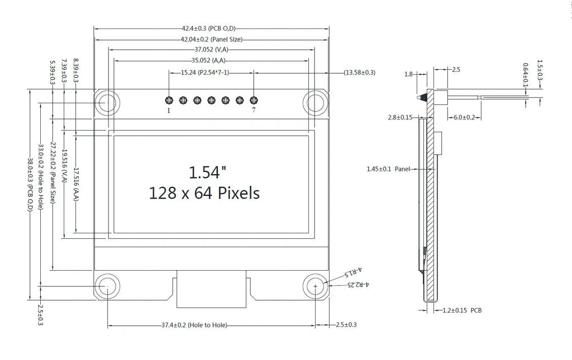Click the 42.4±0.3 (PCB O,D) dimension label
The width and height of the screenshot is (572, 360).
209,28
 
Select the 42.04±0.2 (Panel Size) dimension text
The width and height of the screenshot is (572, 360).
212,40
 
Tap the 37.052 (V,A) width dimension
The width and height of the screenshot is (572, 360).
212,50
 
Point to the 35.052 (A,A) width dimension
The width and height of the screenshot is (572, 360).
209,60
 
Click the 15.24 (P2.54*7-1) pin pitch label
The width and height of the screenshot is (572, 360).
205,73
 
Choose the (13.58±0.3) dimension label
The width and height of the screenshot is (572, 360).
359,73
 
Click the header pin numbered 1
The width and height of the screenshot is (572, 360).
169,100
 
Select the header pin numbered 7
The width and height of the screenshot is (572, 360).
254,100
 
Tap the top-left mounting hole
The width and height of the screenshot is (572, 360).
107,102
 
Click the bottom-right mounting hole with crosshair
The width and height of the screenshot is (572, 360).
316,286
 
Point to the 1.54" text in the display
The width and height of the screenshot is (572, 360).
207,172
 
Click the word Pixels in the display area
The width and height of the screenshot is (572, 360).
239,193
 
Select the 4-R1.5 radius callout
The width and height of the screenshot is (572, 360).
353,272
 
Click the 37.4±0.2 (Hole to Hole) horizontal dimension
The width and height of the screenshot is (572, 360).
194,325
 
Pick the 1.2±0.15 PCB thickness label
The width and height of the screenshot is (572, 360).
462,310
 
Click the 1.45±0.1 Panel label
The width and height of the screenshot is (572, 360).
388,169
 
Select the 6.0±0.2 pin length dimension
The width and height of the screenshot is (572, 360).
464,117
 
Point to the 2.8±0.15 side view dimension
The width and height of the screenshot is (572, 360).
400,117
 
